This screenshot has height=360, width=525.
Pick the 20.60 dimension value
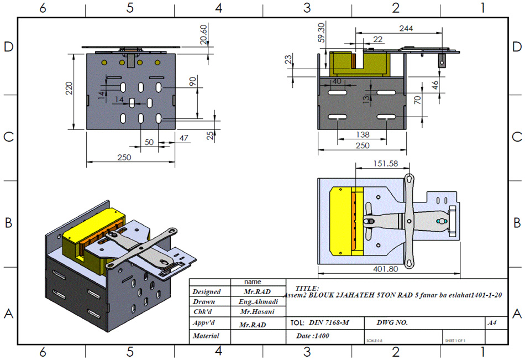(203, 34)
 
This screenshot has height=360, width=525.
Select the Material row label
(206, 336)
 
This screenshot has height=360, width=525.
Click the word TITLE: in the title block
(307, 288)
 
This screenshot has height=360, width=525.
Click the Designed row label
(206, 291)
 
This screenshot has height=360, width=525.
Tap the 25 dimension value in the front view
(211, 135)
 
